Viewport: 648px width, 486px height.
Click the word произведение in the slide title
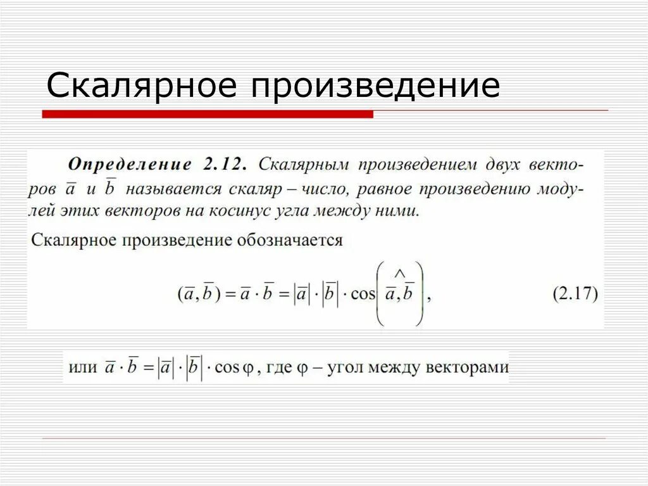click(376, 87)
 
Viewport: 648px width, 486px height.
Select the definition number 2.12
click(224, 164)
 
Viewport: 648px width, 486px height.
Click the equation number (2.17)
click(575, 295)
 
